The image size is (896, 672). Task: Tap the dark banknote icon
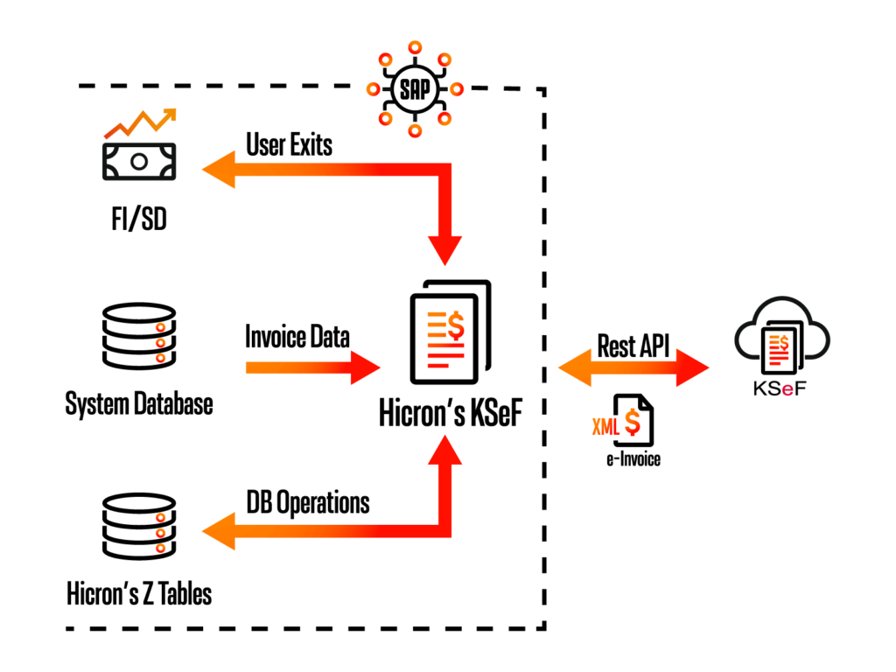[139, 162]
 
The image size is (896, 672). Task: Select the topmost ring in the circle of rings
[415, 47]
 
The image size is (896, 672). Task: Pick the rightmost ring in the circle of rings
[457, 89]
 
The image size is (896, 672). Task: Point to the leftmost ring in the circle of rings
[374, 89]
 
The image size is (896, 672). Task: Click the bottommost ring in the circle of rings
[415, 131]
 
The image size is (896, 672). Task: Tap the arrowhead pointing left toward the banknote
[219, 170]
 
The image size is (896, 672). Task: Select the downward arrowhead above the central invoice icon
[444, 249]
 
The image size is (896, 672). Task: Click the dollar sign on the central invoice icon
[456, 325]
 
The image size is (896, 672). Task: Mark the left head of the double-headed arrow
[576, 367]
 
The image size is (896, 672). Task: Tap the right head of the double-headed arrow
[692, 367]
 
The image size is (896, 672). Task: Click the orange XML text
[605, 427]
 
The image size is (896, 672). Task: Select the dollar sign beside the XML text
[633, 423]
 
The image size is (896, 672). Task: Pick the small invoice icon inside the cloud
[779, 349]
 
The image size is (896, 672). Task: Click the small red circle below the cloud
[787, 390]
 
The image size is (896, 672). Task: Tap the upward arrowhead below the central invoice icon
[444, 450]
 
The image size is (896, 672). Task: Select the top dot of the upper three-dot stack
[160, 327]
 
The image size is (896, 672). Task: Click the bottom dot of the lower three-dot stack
[160, 549]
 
